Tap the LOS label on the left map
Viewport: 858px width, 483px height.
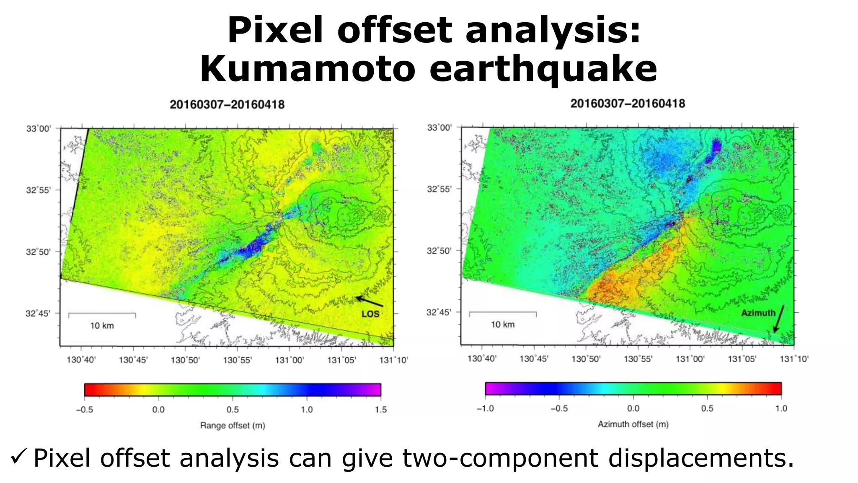(x=370, y=314)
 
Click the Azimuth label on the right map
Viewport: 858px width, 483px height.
(x=758, y=313)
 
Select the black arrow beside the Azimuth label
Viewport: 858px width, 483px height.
(x=778, y=319)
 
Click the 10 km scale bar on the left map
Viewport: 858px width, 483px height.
(x=102, y=314)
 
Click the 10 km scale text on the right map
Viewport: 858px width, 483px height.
(x=502, y=325)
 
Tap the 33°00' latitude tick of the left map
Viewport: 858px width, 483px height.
(x=38, y=129)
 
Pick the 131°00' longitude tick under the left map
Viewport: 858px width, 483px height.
(x=289, y=360)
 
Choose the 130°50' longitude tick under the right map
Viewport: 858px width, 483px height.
(x=586, y=359)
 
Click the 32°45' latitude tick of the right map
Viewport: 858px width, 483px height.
(x=439, y=312)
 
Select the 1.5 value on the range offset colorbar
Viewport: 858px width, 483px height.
(x=380, y=410)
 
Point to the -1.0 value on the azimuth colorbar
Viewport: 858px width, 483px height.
(x=485, y=408)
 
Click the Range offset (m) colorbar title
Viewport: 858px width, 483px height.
(x=233, y=426)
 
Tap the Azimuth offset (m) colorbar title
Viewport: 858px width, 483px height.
(x=633, y=424)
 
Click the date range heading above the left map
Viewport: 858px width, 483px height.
(x=227, y=104)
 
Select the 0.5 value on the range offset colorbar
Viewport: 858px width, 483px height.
(x=233, y=410)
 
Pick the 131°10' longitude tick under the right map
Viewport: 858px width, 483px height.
(x=794, y=359)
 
